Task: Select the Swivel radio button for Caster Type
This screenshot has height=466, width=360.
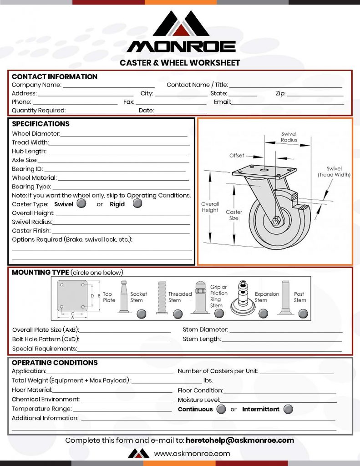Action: (81, 204)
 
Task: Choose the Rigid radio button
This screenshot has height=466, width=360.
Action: (137, 204)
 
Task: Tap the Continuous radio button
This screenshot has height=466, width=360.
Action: (221, 409)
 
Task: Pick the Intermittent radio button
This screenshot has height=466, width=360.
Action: (288, 409)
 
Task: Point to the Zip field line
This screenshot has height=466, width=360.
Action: (315, 95)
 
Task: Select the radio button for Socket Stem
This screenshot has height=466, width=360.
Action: (142, 314)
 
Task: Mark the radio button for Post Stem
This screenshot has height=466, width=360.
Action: (303, 314)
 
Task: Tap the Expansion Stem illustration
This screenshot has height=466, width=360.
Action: (243, 299)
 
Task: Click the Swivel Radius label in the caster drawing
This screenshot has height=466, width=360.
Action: (289, 137)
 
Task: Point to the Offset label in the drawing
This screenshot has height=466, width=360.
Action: (237, 156)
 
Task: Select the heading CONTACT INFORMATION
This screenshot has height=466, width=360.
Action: (55, 77)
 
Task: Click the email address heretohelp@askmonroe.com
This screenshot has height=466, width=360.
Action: (240, 440)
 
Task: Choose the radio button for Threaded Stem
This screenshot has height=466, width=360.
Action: (177, 314)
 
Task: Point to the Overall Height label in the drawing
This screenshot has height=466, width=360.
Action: (210, 207)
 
